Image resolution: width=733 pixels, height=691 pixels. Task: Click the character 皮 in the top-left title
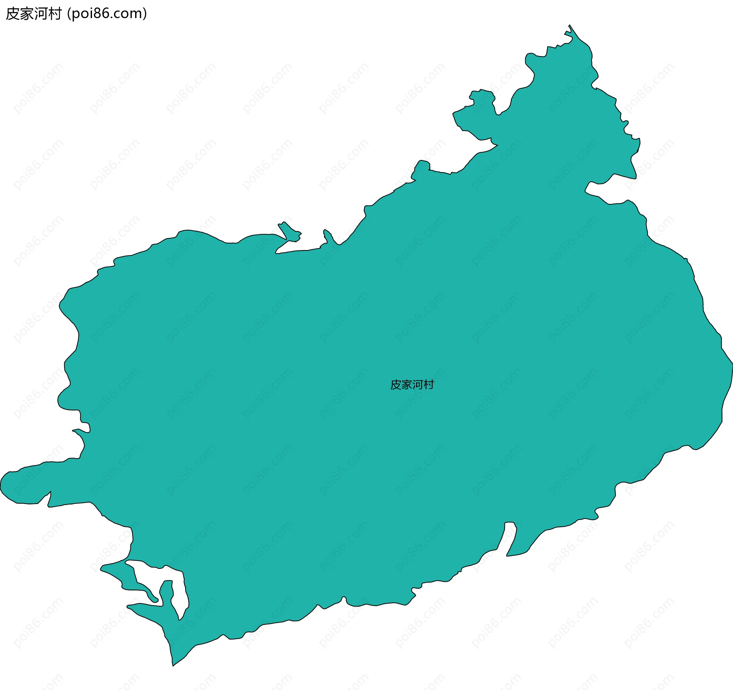pyautogui.click(x=13, y=14)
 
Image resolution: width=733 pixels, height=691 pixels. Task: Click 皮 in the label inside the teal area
pyautogui.click(x=396, y=385)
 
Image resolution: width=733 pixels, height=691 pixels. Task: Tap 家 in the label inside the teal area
pyautogui.click(x=407, y=385)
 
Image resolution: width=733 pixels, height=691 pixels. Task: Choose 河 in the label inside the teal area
pyautogui.click(x=418, y=385)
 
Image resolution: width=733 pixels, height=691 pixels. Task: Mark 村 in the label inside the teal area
pyautogui.click(x=429, y=385)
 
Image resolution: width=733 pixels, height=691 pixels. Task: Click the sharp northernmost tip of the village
pyautogui.click(x=570, y=26)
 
